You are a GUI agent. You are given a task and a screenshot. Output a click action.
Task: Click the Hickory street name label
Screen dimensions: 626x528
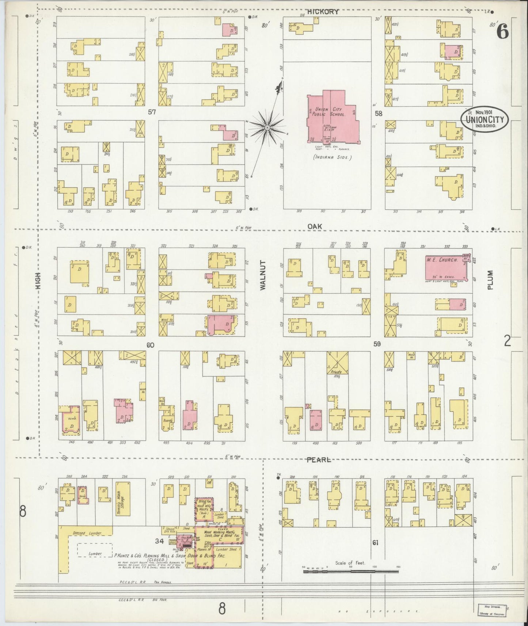[x=323, y=12]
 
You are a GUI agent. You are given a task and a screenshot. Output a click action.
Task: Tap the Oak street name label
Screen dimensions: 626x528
[x=315, y=226]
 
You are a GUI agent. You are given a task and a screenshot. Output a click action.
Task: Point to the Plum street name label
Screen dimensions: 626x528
[x=490, y=280]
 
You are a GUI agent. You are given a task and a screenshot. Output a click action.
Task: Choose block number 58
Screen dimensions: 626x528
[x=378, y=114]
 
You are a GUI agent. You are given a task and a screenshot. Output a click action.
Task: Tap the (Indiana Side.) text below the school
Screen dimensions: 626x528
[x=332, y=157]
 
